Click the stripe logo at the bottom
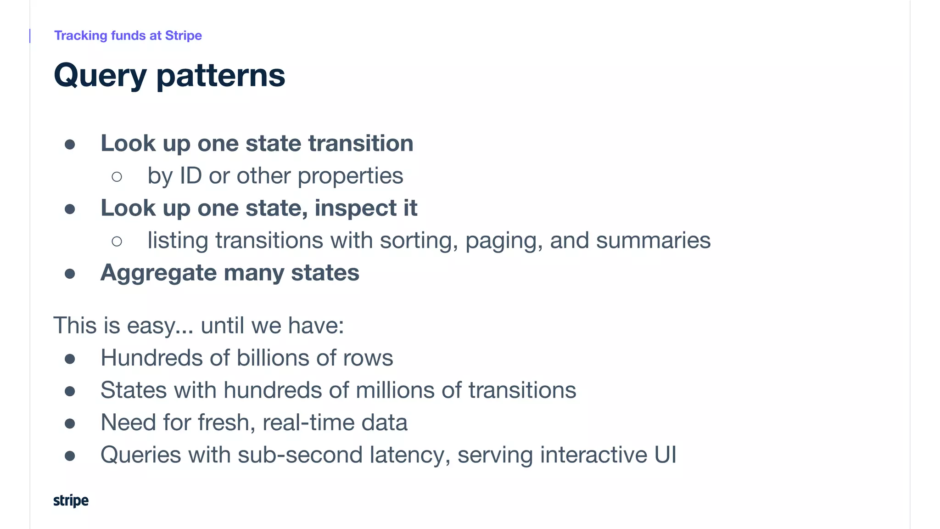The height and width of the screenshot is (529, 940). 71,501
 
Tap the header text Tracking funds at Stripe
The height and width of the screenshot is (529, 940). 128,35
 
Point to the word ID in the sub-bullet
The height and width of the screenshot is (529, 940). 190,176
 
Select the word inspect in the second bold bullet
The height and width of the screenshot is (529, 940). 355,208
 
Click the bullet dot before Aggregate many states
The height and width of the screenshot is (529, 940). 70,274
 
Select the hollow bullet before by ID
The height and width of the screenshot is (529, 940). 117,177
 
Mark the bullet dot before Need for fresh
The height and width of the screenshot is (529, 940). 70,423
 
